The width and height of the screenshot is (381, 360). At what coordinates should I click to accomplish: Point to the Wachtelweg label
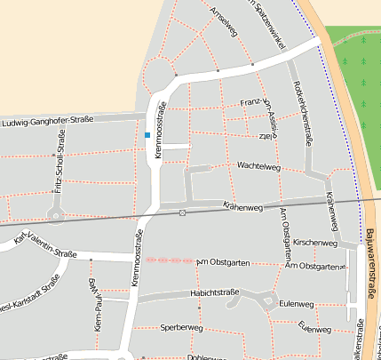tap(258, 166)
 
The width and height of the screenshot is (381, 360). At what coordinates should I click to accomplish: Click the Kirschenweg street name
tap(314, 242)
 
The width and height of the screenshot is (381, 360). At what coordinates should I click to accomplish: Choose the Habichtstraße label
tap(217, 292)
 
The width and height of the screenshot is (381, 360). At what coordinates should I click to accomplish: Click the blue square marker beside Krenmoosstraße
tap(147, 134)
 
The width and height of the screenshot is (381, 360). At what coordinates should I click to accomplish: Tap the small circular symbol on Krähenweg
tap(182, 212)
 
